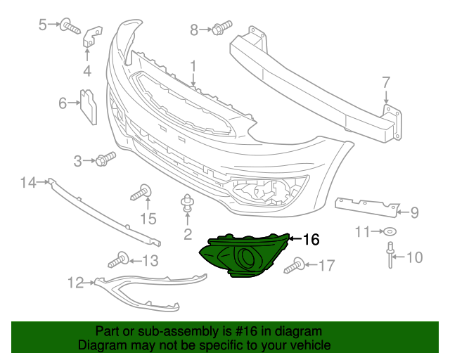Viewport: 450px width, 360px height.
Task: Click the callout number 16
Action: (311, 240)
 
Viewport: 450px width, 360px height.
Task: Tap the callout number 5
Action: (43, 25)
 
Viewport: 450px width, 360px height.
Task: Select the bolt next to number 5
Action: (70, 27)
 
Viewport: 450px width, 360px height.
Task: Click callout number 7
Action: (385, 82)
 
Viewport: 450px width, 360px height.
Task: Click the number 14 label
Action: (27, 183)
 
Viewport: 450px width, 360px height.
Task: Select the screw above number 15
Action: (143, 191)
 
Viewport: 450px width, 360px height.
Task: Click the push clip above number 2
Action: (187, 202)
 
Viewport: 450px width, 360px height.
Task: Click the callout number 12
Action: (75, 283)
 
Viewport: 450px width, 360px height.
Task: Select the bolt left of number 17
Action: (295, 266)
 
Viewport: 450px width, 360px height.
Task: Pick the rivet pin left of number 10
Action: (389, 255)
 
